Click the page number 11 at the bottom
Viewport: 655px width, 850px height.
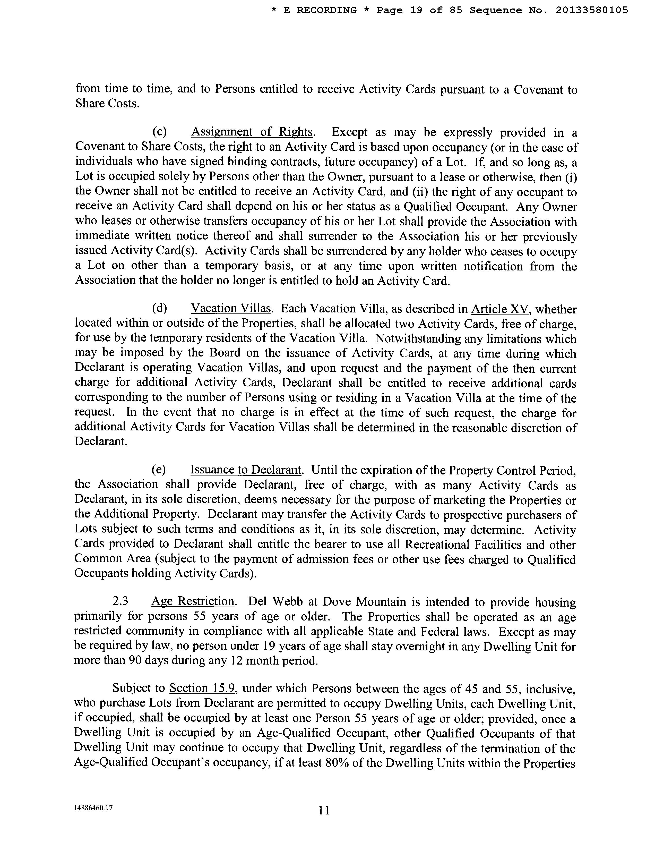[x=324, y=811]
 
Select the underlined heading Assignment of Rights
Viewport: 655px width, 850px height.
[x=252, y=132]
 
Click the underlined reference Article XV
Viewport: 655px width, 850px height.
[x=500, y=309]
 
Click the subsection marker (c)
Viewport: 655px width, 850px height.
[x=159, y=132]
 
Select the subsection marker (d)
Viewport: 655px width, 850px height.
[x=159, y=309]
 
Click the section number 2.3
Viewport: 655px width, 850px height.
[x=120, y=602]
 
